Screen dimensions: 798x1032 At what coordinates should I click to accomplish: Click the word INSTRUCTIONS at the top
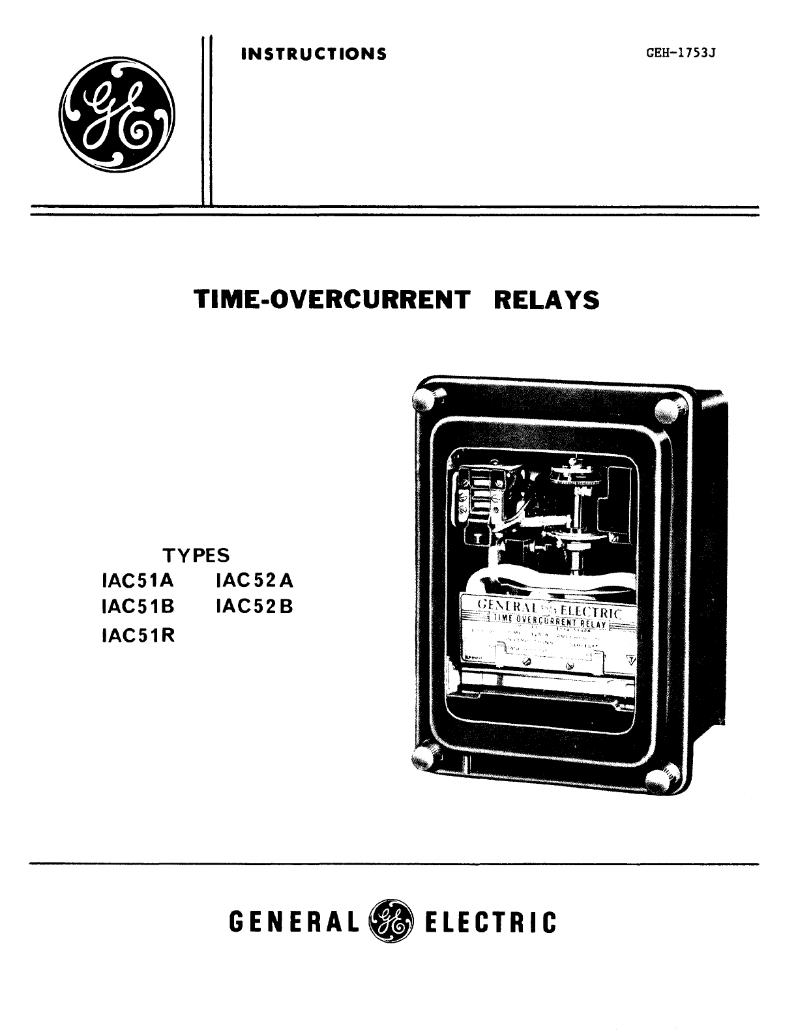tap(313, 53)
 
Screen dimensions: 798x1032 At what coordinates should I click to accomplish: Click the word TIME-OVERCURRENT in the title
tap(332, 300)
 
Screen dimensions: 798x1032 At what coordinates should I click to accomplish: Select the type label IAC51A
tap(135, 580)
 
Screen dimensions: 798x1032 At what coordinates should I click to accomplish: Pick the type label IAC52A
tap(255, 580)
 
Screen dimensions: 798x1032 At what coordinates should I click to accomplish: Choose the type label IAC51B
tap(135, 607)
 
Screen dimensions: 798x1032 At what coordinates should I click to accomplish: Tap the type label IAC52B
tap(255, 607)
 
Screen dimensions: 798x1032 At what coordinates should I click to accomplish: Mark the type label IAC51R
tap(135, 634)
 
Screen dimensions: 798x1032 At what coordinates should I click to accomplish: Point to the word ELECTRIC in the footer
tap(490, 923)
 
